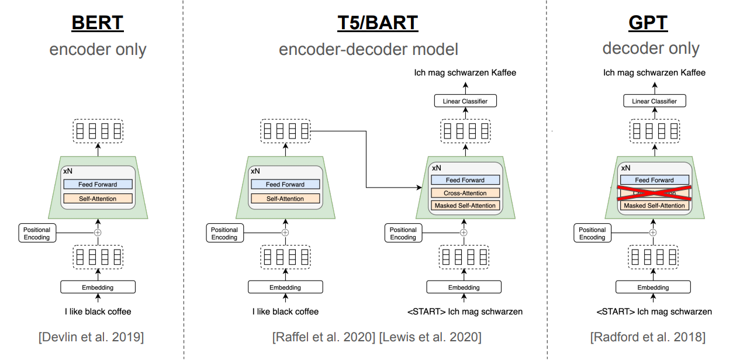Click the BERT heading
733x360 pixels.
point(98,23)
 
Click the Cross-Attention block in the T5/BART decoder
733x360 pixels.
point(465,193)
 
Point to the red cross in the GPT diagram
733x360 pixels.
point(654,193)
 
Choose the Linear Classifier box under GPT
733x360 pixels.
point(654,101)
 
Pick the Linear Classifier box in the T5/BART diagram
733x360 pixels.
point(465,101)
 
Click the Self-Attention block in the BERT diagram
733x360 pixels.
point(98,199)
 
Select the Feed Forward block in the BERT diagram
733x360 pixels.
point(98,184)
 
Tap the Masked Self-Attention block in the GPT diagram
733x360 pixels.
point(654,206)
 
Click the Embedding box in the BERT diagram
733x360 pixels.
point(98,287)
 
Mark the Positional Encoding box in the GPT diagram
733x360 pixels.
point(592,233)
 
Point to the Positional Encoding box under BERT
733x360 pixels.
point(37,233)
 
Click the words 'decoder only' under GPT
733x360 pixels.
point(651,49)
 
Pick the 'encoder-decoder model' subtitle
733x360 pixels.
point(368,49)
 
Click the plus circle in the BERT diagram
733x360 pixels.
point(98,232)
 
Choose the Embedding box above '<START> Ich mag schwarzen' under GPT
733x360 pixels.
point(654,287)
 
